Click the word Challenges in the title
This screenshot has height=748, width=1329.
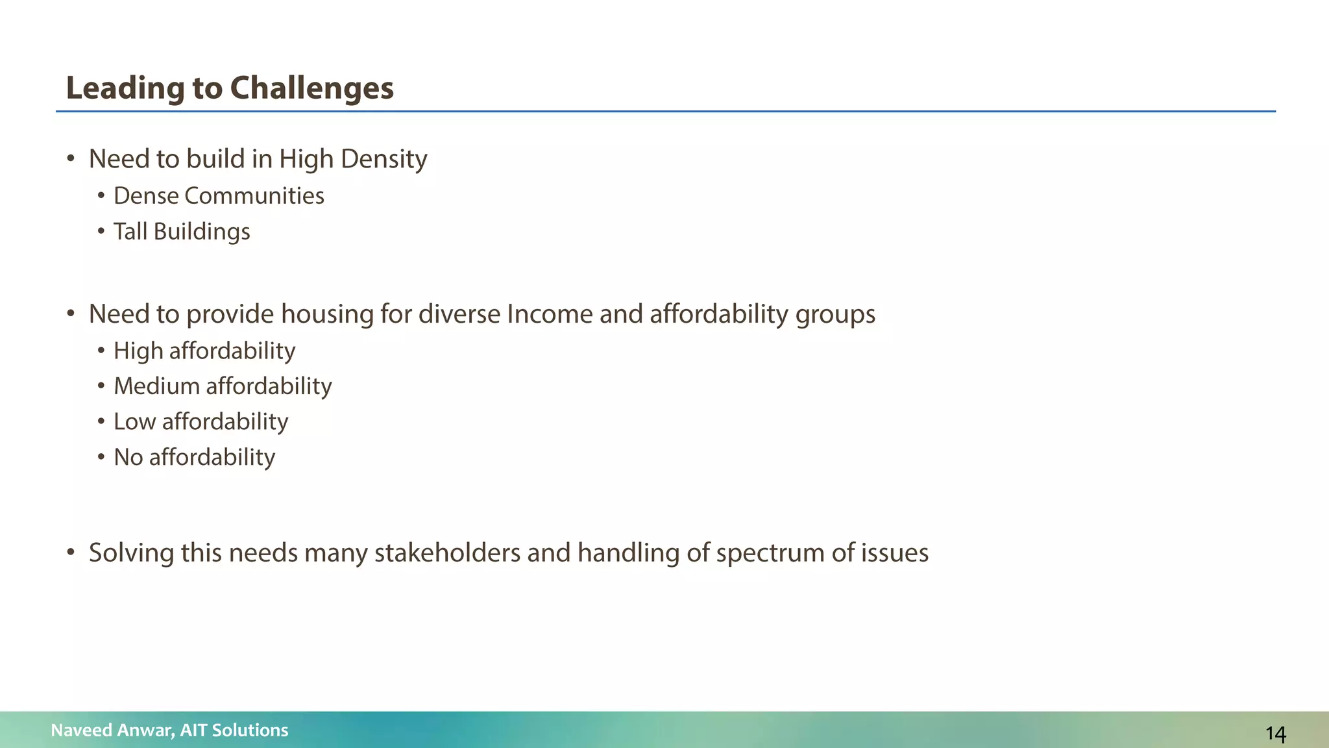pos(311,88)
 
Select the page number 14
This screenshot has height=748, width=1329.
pos(1275,734)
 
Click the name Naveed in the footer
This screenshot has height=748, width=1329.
pos(81,730)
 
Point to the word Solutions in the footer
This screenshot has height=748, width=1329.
pos(250,730)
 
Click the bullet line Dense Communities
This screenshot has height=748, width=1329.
pos(219,196)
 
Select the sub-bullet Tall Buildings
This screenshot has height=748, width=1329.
pos(182,232)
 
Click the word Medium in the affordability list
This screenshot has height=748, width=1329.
pos(157,386)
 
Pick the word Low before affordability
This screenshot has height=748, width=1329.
pos(134,422)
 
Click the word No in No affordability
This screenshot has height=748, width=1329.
pos(128,458)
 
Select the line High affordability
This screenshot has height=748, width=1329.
pos(204,351)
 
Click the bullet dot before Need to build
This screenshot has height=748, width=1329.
pos(71,159)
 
